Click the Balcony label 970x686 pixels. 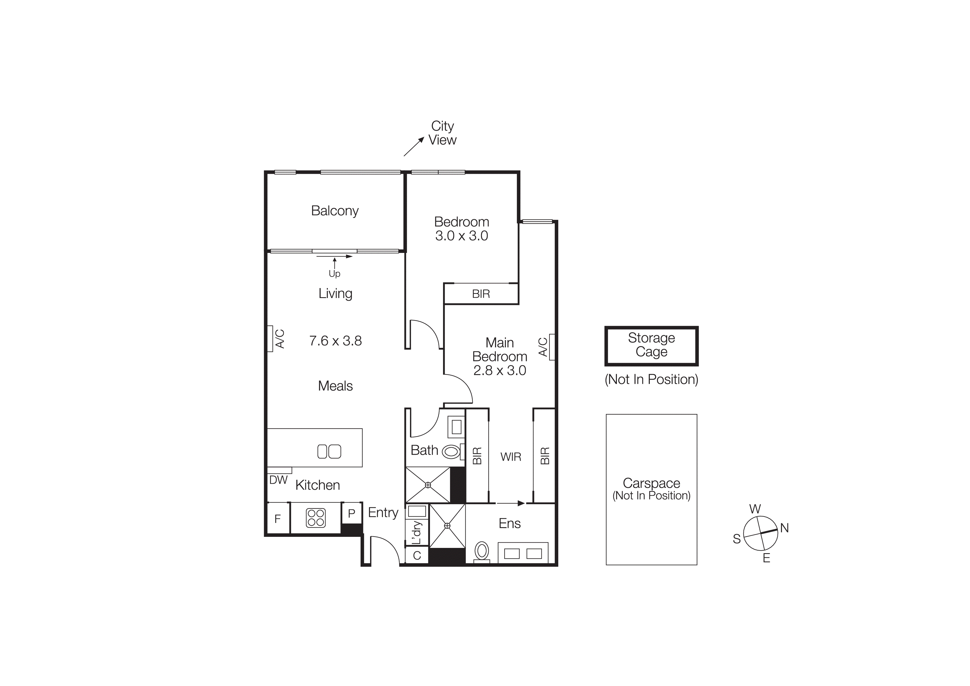pos(335,211)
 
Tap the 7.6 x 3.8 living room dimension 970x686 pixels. pos(335,341)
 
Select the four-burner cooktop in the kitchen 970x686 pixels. pos(315,518)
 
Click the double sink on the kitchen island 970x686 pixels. pos(329,451)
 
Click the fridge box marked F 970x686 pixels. pos(278,519)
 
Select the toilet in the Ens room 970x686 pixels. pos(482,551)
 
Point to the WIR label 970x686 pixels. pos(511,457)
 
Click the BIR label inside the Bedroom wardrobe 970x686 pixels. pos(481,294)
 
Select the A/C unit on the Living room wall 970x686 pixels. pos(270,338)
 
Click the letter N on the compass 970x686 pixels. pos(784,528)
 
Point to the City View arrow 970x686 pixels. pos(414,147)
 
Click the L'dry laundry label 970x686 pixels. pos(416,533)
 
